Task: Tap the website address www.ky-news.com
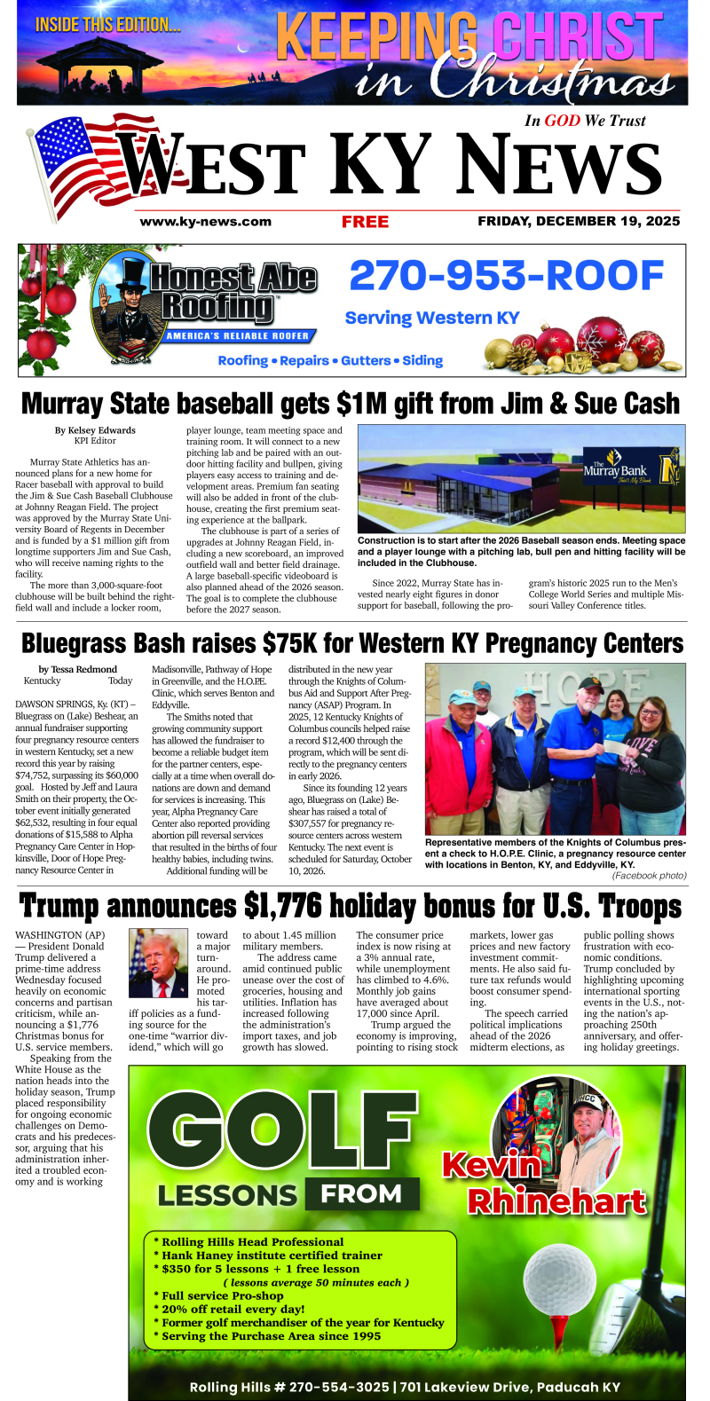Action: [x=205, y=222]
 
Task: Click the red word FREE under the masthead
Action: [x=365, y=222]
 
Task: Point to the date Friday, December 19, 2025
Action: [x=579, y=222]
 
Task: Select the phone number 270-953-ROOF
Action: [x=506, y=276]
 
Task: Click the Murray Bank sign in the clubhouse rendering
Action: [x=621, y=471]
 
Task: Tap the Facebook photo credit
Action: [x=649, y=876]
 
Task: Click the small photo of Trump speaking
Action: [x=158, y=964]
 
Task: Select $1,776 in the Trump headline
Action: [x=288, y=907]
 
